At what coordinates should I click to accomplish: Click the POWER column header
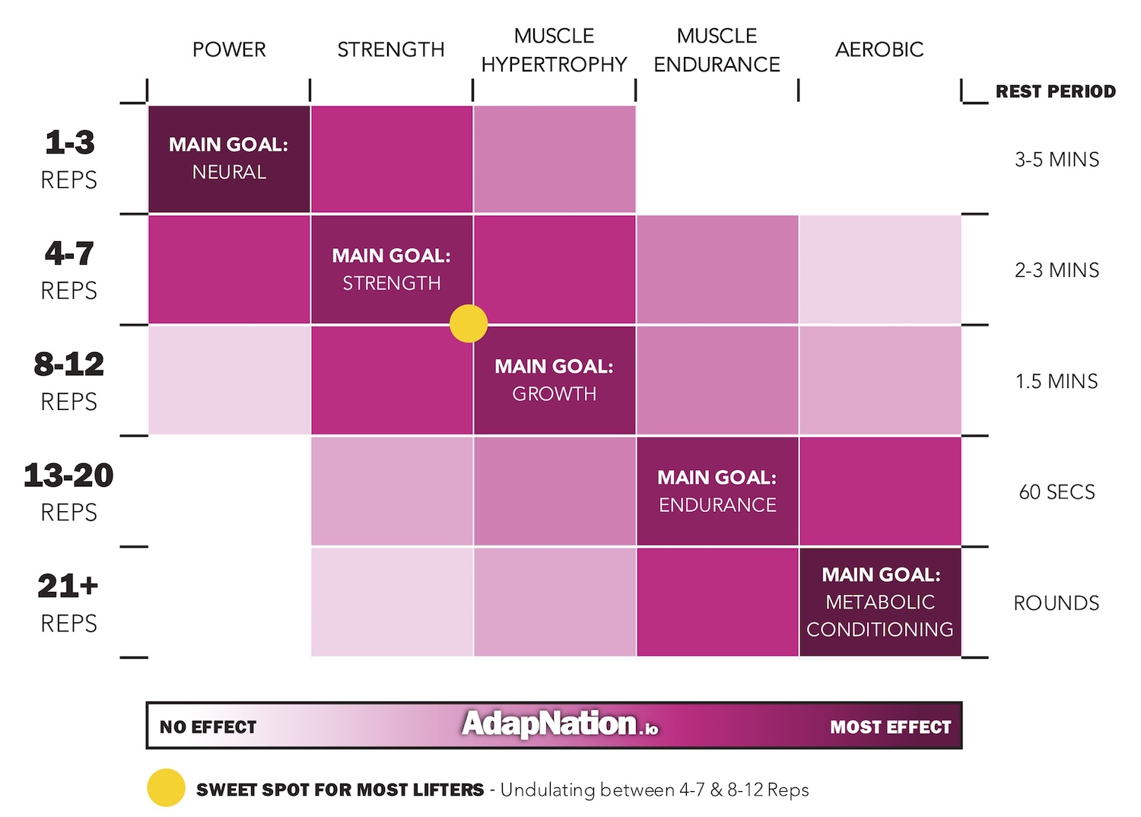[x=229, y=50]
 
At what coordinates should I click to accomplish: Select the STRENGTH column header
[x=391, y=50]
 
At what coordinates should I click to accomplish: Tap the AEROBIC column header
[x=879, y=50]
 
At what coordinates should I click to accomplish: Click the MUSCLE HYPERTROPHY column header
[x=554, y=50]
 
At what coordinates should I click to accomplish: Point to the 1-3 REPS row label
[x=69, y=159]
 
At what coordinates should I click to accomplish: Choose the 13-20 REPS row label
[x=68, y=491]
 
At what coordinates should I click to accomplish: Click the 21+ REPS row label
[x=68, y=602]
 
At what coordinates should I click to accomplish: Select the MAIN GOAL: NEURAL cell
[x=229, y=158]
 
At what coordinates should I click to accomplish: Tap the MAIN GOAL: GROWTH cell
[x=554, y=380]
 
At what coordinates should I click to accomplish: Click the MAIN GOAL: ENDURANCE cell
[x=717, y=491]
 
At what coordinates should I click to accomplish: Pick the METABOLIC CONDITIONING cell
[x=880, y=602]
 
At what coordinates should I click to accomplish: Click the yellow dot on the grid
[x=469, y=323]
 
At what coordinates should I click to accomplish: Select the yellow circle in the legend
[x=166, y=788]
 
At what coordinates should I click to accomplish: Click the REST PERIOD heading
[x=1056, y=92]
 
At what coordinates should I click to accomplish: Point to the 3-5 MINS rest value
[x=1057, y=160]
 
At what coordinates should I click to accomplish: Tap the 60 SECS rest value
[x=1057, y=492]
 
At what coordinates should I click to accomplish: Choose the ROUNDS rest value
[x=1057, y=603]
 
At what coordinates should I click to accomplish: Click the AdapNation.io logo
[x=560, y=724]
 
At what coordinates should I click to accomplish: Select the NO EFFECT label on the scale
[x=208, y=727]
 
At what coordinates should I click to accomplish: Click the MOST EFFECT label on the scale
[x=890, y=727]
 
